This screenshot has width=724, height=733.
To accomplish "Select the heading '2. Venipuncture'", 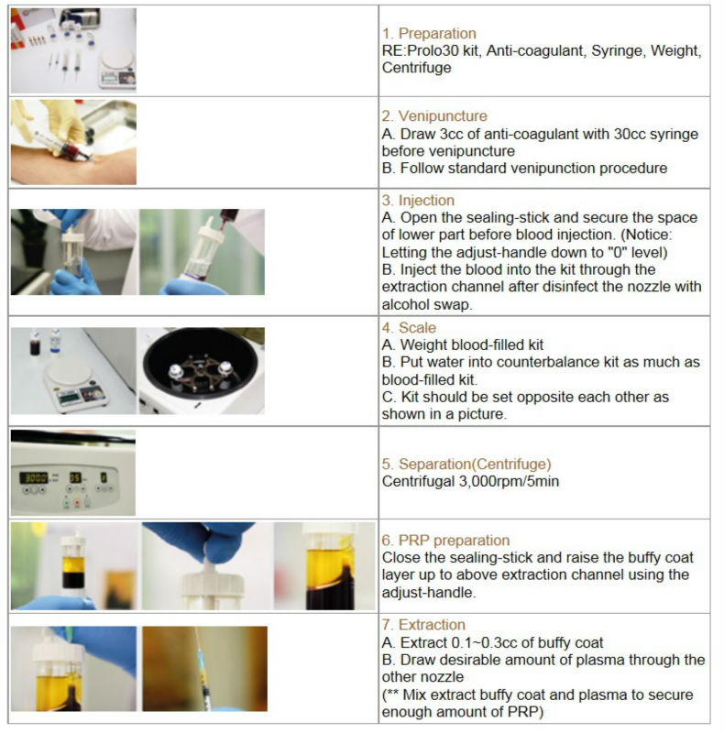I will click(433, 116).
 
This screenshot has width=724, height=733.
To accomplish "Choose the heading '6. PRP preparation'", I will click(444, 540).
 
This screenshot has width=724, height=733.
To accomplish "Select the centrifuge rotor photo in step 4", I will click(201, 371).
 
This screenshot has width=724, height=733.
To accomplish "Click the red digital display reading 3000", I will click(35, 477).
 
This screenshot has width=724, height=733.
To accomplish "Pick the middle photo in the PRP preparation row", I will click(206, 565).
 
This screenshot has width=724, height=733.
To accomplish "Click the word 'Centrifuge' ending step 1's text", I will click(416, 68).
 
